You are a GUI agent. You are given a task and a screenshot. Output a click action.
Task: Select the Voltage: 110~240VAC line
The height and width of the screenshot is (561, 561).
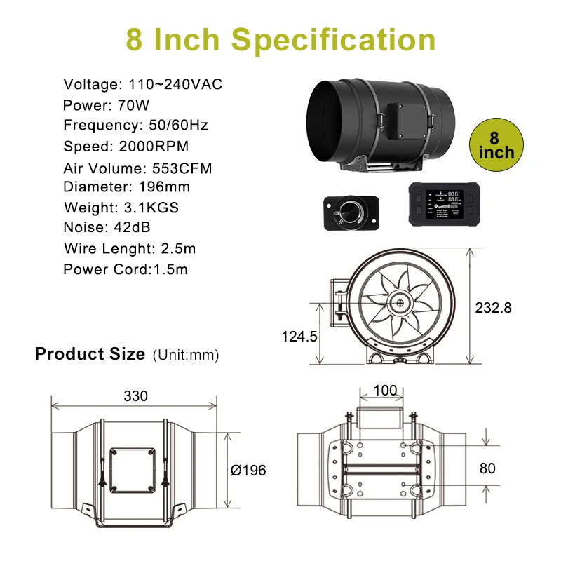(143, 85)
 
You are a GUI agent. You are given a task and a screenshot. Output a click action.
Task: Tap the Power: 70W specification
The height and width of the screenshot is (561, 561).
(106, 106)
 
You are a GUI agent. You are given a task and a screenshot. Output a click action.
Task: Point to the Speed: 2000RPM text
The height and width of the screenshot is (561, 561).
(126, 147)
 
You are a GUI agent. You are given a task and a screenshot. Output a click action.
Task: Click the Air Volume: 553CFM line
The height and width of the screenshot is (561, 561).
(137, 168)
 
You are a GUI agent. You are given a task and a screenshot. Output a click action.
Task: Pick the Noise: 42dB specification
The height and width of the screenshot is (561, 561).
(107, 227)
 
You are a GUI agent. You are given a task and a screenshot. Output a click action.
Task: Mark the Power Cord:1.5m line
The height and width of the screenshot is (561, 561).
(126, 269)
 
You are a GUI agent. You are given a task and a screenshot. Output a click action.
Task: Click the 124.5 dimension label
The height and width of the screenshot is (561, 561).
(300, 336)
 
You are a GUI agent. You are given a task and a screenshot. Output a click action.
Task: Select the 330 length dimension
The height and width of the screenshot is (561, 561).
(135, 396)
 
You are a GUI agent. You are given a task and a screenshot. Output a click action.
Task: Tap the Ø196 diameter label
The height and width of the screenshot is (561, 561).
(249, 470)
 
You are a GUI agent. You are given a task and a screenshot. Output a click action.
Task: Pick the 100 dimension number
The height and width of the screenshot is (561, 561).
(385, 391)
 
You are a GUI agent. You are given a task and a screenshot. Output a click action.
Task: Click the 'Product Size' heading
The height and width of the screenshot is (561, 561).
(90, 354)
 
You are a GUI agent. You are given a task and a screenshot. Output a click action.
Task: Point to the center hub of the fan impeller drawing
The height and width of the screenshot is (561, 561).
(400, 304)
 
